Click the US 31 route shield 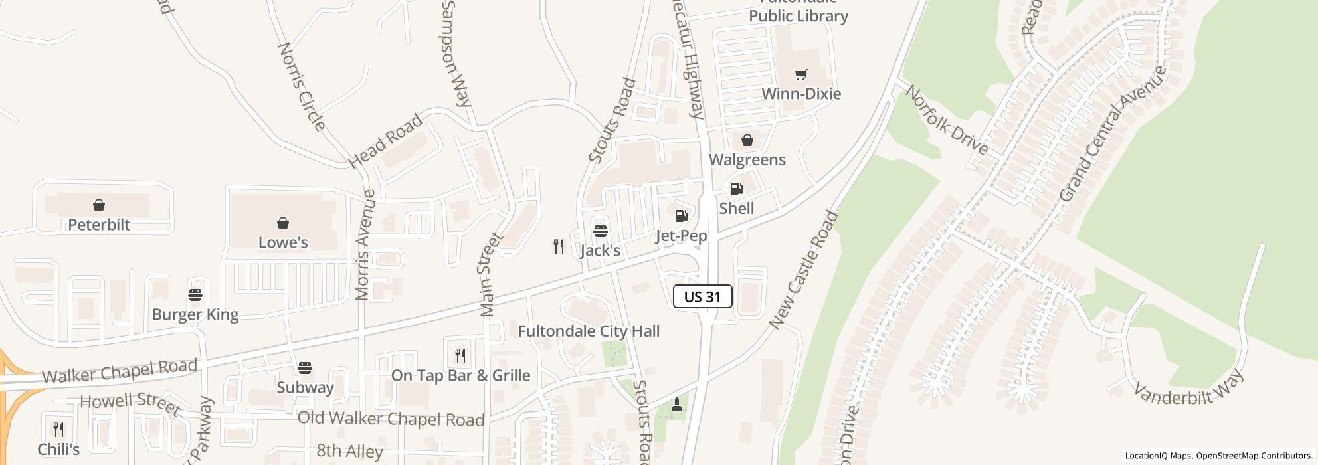(702, 296)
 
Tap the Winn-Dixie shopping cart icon (800, 75)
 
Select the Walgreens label (747, 160)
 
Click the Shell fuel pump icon (736, 189)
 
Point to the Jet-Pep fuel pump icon (681, 216)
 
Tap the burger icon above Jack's (600, 231)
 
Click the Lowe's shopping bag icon (283, 223)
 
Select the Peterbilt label (99, 225)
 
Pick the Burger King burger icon (195, 294)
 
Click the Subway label (305, 387)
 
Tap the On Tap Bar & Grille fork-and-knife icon (460, 356)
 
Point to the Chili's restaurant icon (58, 430)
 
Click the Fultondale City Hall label (589, 331)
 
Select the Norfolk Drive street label (946, 121)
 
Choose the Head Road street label (385, 141)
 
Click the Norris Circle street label (301, 86)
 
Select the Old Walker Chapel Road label (391, 419)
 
